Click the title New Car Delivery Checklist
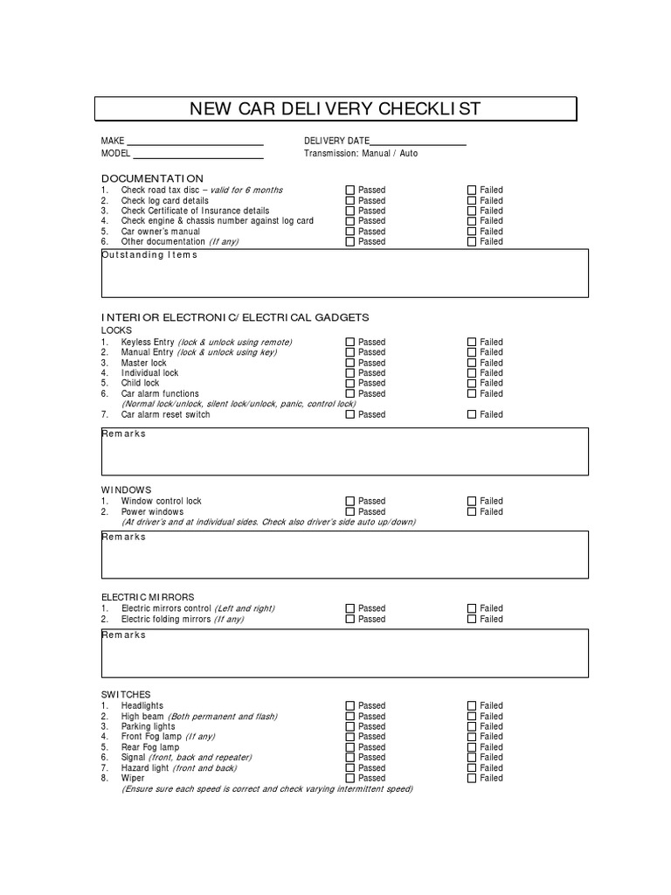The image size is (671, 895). (335, 109)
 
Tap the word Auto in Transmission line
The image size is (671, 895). (408, 154)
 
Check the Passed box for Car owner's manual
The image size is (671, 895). (350, 232)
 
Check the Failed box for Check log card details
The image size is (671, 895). (472, 200)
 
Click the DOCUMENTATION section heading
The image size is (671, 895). (152, 178)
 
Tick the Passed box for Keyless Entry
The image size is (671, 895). (350, 343)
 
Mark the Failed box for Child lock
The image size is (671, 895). (472, 384)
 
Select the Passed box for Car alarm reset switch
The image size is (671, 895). (350, 415)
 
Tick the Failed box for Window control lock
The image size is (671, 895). (472, 502)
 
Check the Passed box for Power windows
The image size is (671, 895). (350, 512)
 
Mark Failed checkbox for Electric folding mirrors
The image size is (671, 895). (472, 620)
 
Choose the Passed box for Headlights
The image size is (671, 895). (350, 706)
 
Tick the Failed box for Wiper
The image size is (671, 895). (472, 779)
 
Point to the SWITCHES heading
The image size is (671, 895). (126, 694)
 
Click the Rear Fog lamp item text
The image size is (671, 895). (150, 747)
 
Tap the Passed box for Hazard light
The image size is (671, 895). (350, 768)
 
